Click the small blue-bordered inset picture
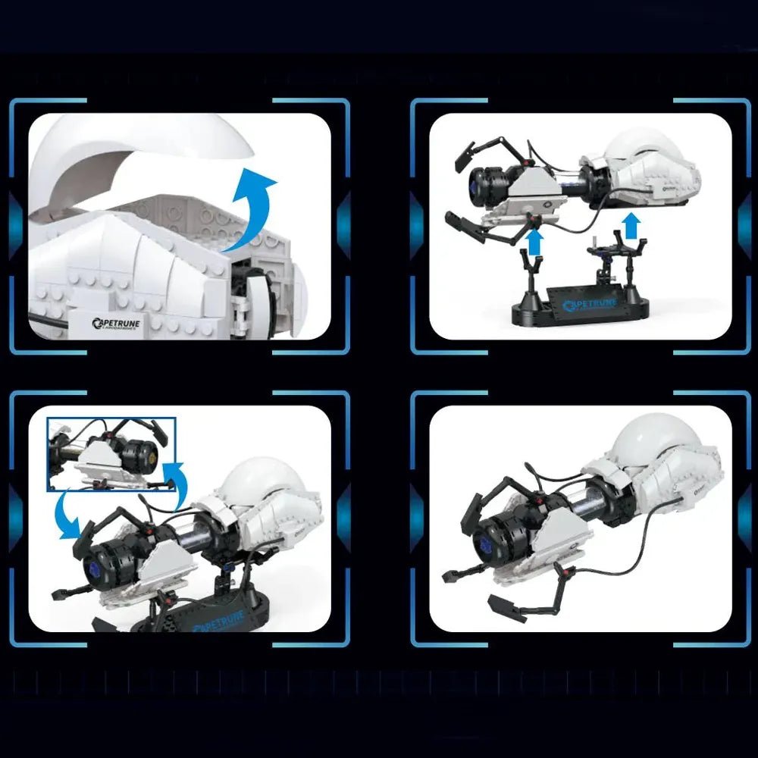click(x=111, y=454)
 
